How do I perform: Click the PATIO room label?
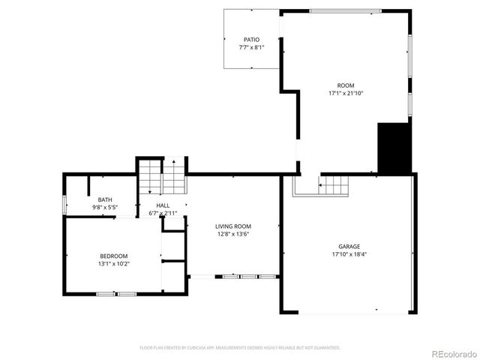pos(251,39)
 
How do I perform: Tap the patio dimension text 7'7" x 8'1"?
pos(251,47)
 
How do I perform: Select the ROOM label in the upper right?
pos(345,85)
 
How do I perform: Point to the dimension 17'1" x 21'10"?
pos(345,94)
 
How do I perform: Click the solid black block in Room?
pos(393,148)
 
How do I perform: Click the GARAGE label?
pos(349,246)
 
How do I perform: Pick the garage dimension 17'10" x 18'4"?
pos(349,254)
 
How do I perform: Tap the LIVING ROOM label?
pos(232,226)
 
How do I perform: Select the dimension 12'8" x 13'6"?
pos(232,234)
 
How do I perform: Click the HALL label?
pos(163,205)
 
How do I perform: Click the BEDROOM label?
pos(114,256)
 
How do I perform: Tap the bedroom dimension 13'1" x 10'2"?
pos(114,264)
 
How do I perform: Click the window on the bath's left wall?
pos(64,203)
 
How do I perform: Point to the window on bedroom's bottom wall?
pos(116,294)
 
